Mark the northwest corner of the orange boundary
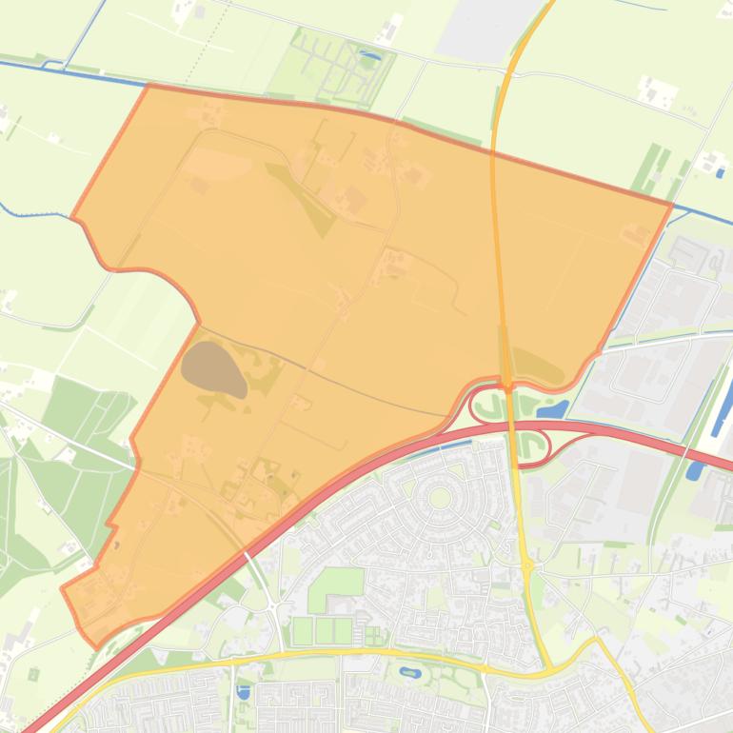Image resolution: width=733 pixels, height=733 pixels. point(149,86)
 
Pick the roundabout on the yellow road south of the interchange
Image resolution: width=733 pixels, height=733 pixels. point(526,565)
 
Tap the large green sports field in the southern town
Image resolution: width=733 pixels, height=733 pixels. point(336,583)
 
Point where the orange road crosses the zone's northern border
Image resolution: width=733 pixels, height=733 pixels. point(493,150)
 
